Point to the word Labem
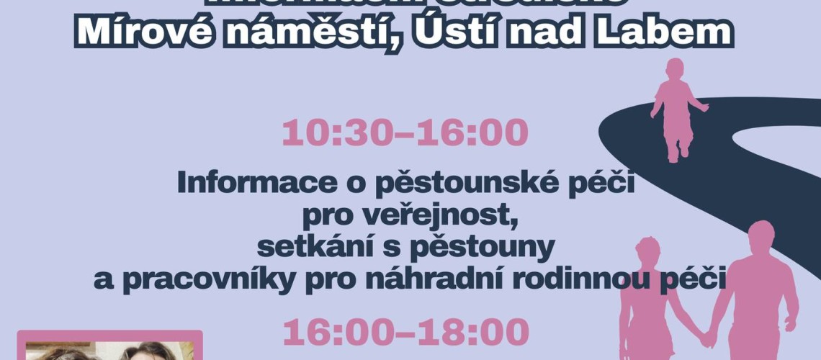point(667,32)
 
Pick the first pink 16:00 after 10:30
point(473,133)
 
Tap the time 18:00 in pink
point(473,333)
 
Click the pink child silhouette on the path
point(677,108)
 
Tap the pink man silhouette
point(756,288)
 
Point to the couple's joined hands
point(709,336)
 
